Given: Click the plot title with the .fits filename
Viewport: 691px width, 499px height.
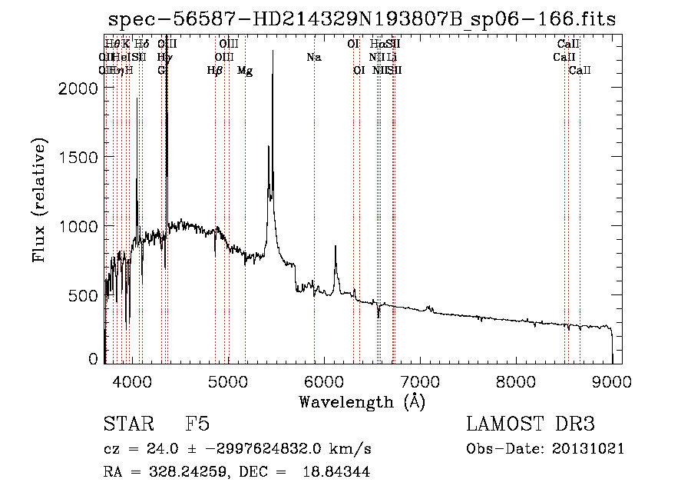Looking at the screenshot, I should [x=362, y=19].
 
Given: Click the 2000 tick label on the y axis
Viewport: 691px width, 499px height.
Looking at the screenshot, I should [x=78, y=88].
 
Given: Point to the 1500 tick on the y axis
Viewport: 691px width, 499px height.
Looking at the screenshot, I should [x=78, y=157].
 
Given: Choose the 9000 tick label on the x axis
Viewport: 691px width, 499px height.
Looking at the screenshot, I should [x=612, y=380].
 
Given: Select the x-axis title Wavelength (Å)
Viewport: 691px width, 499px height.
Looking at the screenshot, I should [x=362, y=402].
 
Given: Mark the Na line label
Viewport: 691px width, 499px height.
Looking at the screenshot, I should [x=313, y=57].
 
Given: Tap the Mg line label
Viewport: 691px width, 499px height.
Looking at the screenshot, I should [x=245, y=71].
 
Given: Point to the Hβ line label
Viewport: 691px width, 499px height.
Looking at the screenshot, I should [x=215, y=71].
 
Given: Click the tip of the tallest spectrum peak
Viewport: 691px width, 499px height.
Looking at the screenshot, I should [x=273, y=52].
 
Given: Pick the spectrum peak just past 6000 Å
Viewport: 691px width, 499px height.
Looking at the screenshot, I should [x=336, y=247].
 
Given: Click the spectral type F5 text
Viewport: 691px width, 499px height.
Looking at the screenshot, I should [x=197, y=424].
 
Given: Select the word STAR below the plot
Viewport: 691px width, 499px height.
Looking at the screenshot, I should [x=126, y=424].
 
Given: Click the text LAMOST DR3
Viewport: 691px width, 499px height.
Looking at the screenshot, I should [x=530, y=424].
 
